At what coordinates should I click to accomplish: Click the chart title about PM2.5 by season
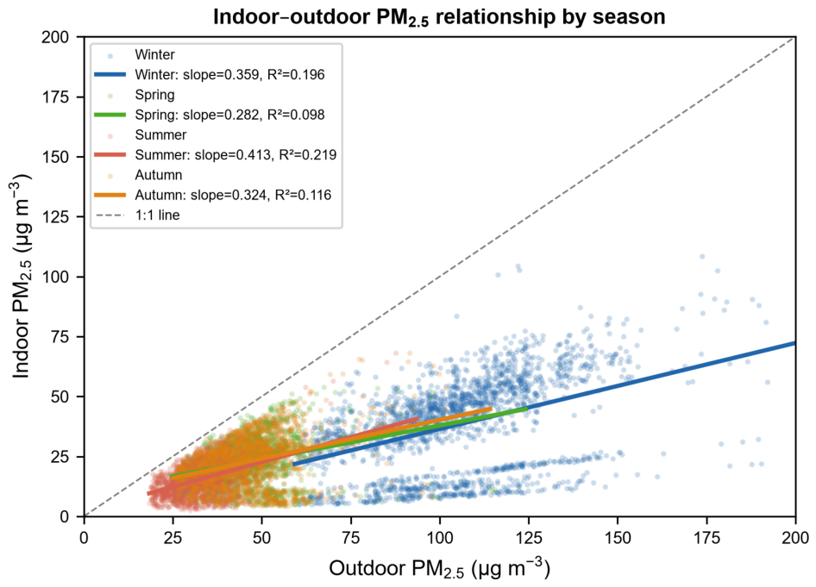(x=439, y=18)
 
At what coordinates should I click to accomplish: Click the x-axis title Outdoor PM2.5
(x=439, y=568)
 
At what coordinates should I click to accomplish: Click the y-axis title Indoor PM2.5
(x=21, y=277)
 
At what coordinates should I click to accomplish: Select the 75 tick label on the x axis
(x=351, y=537)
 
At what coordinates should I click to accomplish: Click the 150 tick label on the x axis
(x=618, y=537)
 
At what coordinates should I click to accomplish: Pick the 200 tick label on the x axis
(x=795, y=537)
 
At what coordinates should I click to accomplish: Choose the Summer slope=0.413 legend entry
(x=216, y=155)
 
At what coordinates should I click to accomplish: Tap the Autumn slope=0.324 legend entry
(x=213, y=195)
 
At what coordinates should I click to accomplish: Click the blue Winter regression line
(x=544, y=403)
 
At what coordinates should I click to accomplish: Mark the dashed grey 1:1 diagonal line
(x=440, y=277)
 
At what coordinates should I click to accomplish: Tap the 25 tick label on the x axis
(x=173, y=537)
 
